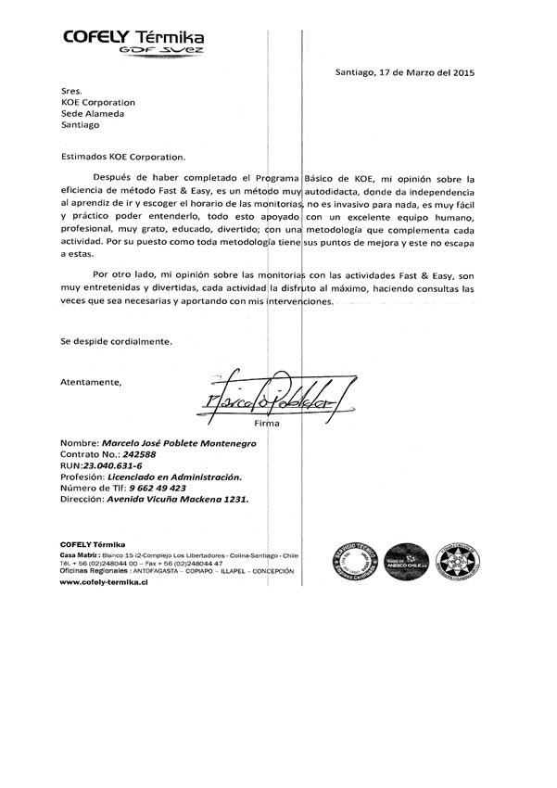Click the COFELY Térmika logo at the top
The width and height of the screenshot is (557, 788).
133,40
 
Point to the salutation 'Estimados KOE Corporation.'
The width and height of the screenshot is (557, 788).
123,158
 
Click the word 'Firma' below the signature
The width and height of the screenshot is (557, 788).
293,423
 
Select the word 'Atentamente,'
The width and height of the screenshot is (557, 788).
91,382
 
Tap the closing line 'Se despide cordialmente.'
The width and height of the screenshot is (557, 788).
116,341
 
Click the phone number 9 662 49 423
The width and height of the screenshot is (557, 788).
152,488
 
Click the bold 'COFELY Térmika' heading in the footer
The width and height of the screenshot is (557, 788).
93,544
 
